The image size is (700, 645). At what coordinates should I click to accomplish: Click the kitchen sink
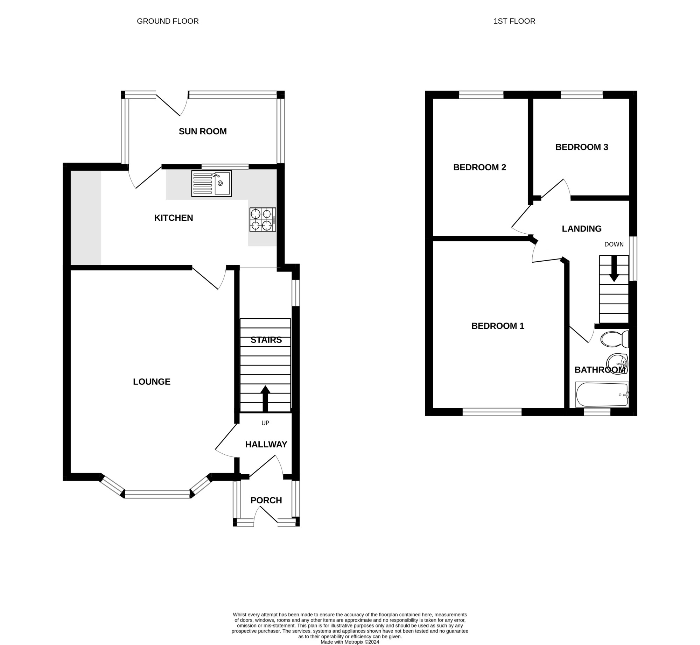(x=211, y=183)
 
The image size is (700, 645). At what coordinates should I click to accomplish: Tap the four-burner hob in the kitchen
(x=262, y=220)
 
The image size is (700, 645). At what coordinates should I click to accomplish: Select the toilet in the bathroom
(x=615, y=339)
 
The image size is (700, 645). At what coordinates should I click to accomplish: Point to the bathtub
(x=602, y=395)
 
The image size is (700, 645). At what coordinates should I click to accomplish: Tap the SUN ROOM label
(x=203, y=132)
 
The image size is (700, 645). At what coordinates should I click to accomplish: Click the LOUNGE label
(x=152, y=382)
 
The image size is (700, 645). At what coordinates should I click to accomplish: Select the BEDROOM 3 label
(x=582, y=147)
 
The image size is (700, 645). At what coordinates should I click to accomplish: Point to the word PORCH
(x=266, y=501)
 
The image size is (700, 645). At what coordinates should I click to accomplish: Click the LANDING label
(x=582, y=229)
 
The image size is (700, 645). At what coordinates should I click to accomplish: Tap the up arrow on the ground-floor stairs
(x=265, y=398)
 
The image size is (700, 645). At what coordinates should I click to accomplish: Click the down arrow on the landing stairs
(x=614, y=269)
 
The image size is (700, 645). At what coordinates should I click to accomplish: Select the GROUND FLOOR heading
(x=168, y=21)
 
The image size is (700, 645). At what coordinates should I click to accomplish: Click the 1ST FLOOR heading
(x=514, y=21)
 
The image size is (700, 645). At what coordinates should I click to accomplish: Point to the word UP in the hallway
(x=265, y=423)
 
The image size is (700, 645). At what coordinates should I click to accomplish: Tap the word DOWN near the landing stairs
(x=614, y=244)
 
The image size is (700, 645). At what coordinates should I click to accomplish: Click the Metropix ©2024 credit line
(x=350, y=642)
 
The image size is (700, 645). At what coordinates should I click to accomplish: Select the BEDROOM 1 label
(x=498, y=326)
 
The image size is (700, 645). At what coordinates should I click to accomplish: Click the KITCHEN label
(x=174, y=218)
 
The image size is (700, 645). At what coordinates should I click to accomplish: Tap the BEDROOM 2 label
(x=479, y=168)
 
